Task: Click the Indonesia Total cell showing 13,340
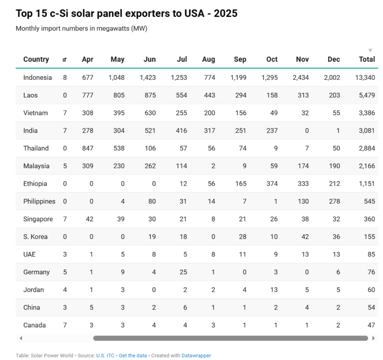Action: [365, 78]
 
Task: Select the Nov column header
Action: [302, 59]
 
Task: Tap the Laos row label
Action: [30, 95]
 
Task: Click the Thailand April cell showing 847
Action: [87, 148]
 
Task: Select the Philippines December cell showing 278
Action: [334, 201]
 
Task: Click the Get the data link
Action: [133, 355]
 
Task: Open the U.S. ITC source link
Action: [105, 355]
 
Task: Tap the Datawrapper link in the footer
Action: [196, 355]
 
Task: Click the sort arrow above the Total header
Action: [370, 50]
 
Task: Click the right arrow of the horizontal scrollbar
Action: [373, 338]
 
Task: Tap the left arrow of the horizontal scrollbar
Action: [21, 338]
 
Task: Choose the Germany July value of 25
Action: [183, 272]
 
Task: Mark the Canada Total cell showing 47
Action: [371, 325]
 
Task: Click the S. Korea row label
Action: [35, 237]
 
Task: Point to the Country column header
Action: [36, 59]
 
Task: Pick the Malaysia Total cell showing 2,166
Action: [367, 166]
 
